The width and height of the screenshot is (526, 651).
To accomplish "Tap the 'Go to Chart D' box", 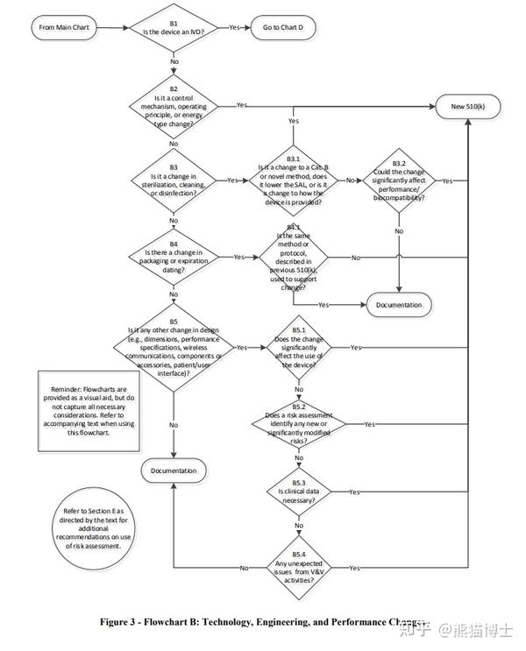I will tap(281, 27).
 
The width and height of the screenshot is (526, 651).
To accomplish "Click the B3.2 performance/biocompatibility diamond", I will tap(399, 180).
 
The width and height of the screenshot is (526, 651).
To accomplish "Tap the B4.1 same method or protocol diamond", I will tap(293, 258).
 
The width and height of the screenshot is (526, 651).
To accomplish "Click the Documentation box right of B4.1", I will tap(399, 305).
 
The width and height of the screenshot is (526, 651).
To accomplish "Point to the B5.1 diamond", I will tap(298, 348).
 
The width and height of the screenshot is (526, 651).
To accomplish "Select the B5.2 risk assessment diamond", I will tap(298, 423).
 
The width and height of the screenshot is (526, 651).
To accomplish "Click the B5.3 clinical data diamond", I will tap(298, 492).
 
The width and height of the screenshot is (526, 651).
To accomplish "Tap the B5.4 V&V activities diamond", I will tap(298, 568).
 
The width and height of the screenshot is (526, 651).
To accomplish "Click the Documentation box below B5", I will tap(174, 471).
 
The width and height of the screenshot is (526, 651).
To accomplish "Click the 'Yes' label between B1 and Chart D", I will tap(234, 27).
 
